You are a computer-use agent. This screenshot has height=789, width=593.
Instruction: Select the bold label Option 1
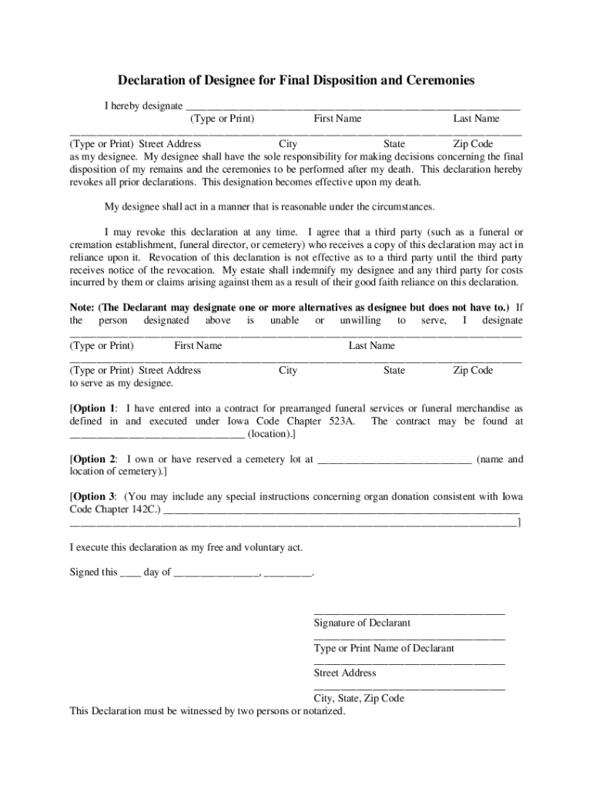click(x=93, y=408)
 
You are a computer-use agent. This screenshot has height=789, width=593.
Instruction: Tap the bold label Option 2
click(x=93, y=459)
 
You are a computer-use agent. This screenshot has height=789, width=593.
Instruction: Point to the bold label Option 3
click(x=93, y=496)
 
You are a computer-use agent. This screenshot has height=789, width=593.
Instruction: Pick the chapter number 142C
click(x=144, y=510)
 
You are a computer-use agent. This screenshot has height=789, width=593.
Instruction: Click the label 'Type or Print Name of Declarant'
click(x=384, y=648)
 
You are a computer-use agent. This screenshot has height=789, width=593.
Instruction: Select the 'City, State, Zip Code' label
click(x=359, y=698)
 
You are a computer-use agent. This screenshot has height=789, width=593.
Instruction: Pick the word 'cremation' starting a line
click(x=91, y=245)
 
